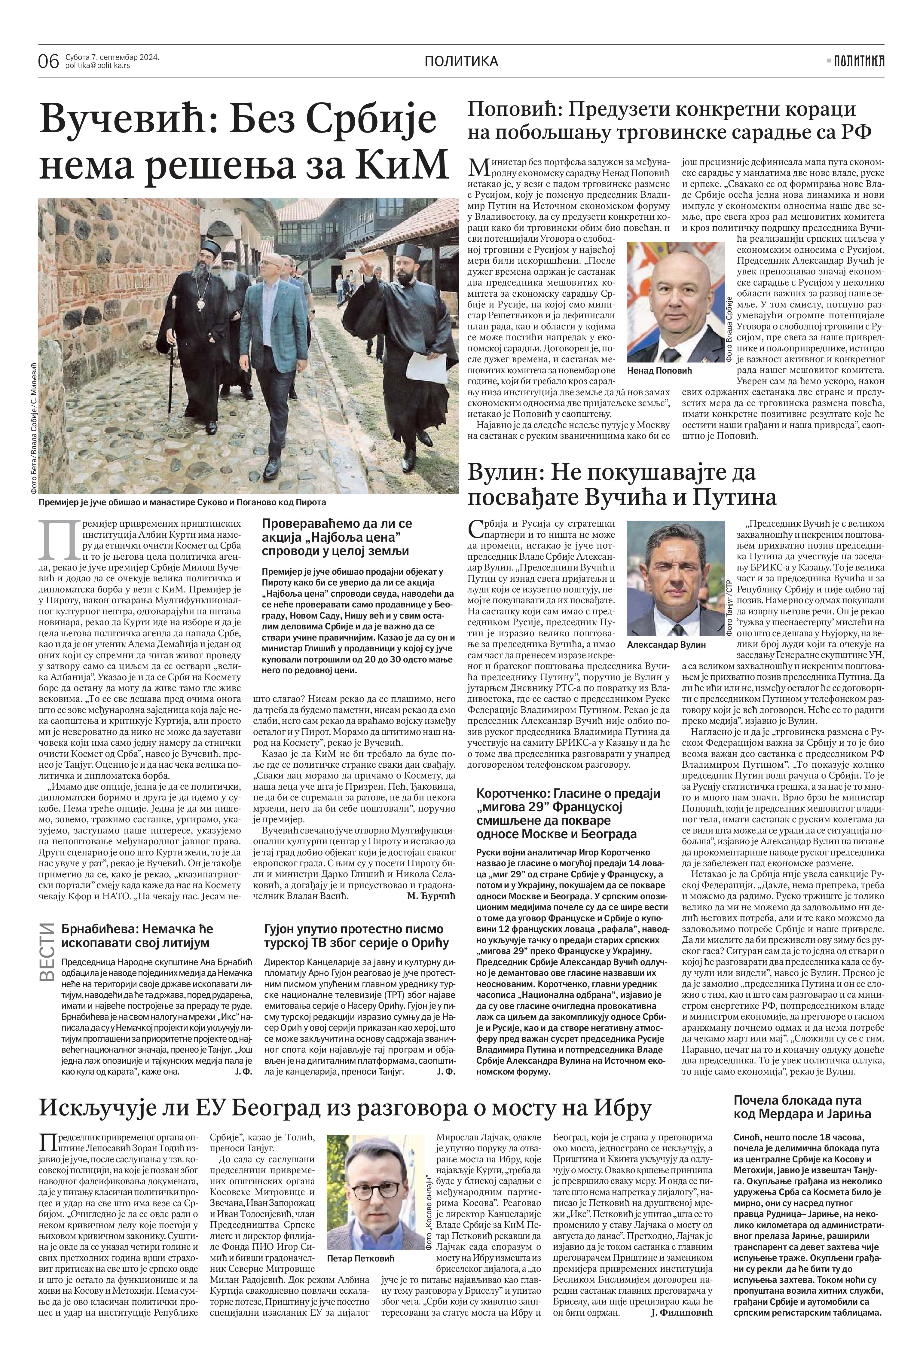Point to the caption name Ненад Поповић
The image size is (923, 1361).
point(659,371)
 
